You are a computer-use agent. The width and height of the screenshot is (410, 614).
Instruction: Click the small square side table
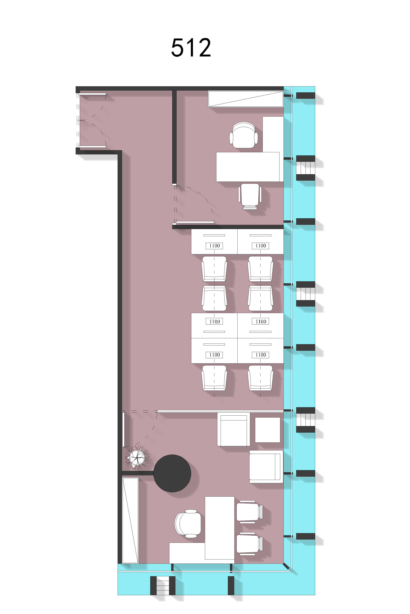coord(267,430)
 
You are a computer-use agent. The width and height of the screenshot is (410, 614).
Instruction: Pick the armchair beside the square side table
coord(233,429)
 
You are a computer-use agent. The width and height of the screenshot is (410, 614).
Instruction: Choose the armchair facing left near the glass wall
coord(266,467)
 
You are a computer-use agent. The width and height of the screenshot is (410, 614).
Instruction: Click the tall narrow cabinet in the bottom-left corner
coord(130,520)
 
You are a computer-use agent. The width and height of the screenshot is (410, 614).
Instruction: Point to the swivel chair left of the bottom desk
coord(188,524)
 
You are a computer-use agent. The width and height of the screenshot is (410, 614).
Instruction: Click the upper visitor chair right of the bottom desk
coord(249,512)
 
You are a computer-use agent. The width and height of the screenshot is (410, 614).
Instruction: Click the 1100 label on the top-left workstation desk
coord(214,246)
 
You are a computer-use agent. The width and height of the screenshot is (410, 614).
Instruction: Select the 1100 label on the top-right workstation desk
coord(261,246)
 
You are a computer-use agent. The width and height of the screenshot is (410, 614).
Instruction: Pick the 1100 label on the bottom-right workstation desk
coord(261,355)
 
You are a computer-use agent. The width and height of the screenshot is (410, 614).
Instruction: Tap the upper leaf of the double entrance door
coord(93,94)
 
